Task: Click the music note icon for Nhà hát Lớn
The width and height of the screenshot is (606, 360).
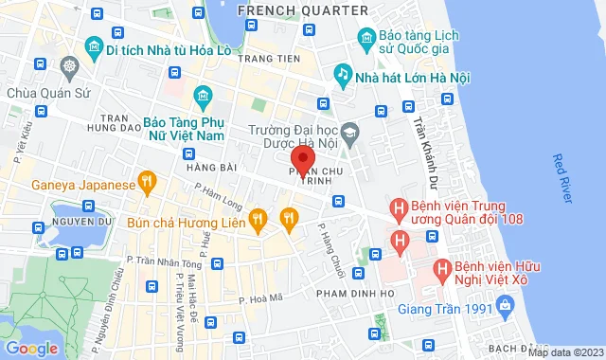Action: (x=342, y=73)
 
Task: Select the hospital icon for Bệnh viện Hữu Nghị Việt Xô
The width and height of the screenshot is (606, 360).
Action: (x=441, y=269)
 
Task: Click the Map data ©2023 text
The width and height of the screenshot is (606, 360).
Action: (x=564, y=352)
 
